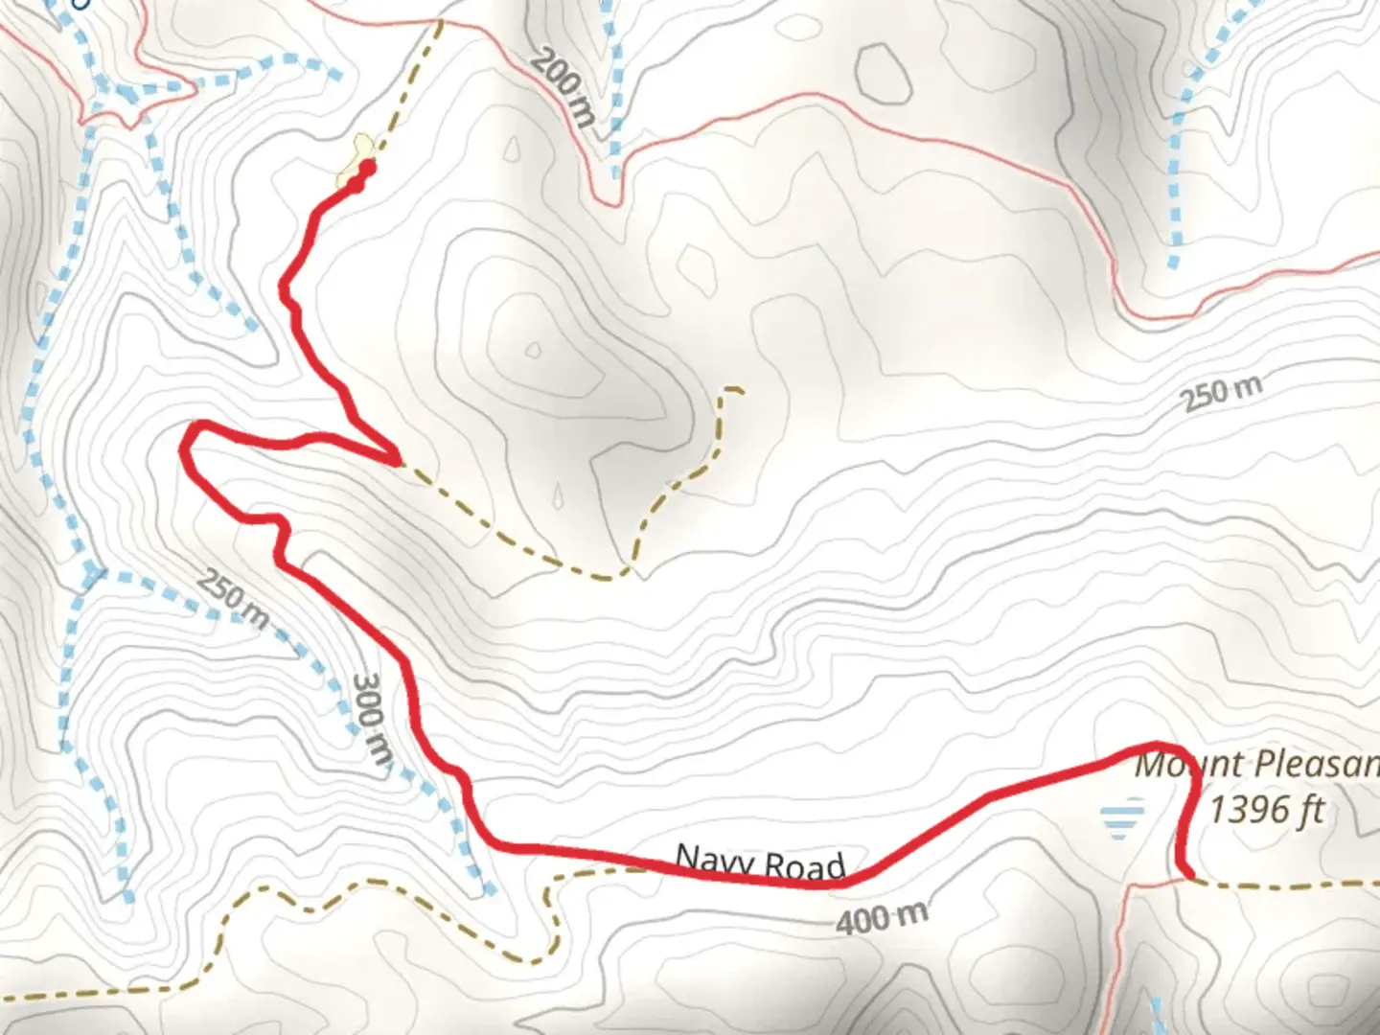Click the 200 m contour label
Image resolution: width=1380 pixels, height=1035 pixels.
coord(563,88)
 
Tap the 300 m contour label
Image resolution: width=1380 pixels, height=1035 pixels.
coord(372,719)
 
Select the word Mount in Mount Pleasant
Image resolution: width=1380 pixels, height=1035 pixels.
coord(1188,765)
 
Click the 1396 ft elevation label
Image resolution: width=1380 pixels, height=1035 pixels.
coord(1265,810)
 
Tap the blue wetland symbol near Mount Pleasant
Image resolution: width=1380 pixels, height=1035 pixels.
coord(1122,820)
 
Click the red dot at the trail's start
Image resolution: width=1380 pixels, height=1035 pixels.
coord(366,169)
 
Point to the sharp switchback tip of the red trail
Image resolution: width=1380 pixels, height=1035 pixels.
coord(397,461)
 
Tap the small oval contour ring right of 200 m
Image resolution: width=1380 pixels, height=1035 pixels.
coord(882,72)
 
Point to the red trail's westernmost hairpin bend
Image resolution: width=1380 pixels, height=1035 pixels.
coord(185,443)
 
